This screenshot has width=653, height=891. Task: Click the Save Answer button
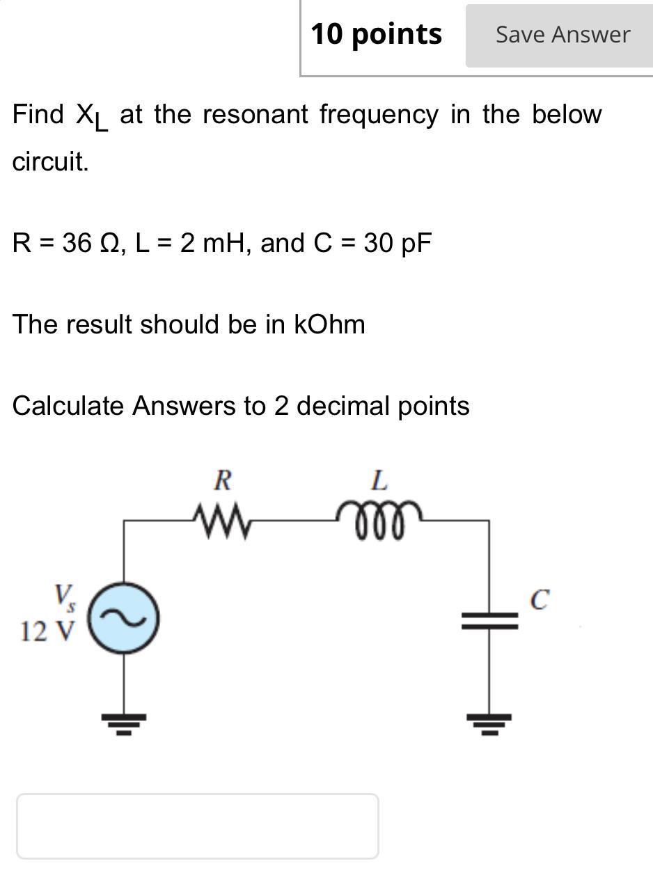click(562, 35)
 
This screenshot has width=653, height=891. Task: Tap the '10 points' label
click(376, 34)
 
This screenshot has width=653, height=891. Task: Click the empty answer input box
click(198, 826)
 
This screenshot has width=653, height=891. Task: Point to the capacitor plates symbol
click(489, 620)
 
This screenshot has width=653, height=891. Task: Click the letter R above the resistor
click(223, 480)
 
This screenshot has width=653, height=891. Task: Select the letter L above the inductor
click(378, 480)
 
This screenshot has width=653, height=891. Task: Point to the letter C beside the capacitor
click(540, 599)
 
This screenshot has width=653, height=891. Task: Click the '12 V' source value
click(47, 632)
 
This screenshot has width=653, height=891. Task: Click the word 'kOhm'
click(329, 324)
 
